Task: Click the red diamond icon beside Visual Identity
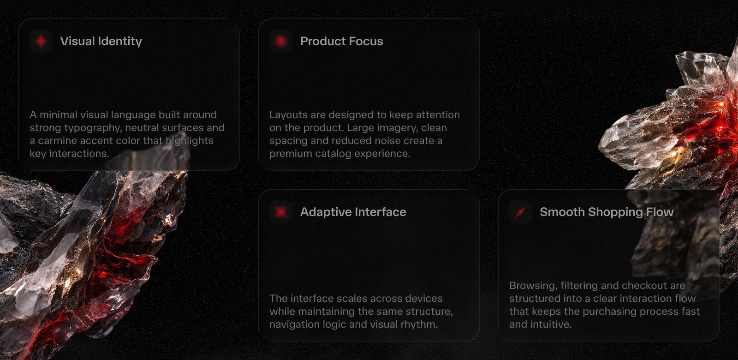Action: click(x=41, y=41)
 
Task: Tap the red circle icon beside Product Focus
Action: click(x=281, y=41)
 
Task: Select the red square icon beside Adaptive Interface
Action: click(x=281, y=212)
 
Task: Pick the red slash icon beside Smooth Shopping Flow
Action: click(x=521, y=212)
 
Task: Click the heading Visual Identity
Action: click(x=101, y=41)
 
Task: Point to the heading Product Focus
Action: click(x=342, y=41)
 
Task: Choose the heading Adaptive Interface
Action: click(x=353, y=212)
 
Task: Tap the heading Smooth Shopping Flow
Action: click(x=607, y=212)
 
